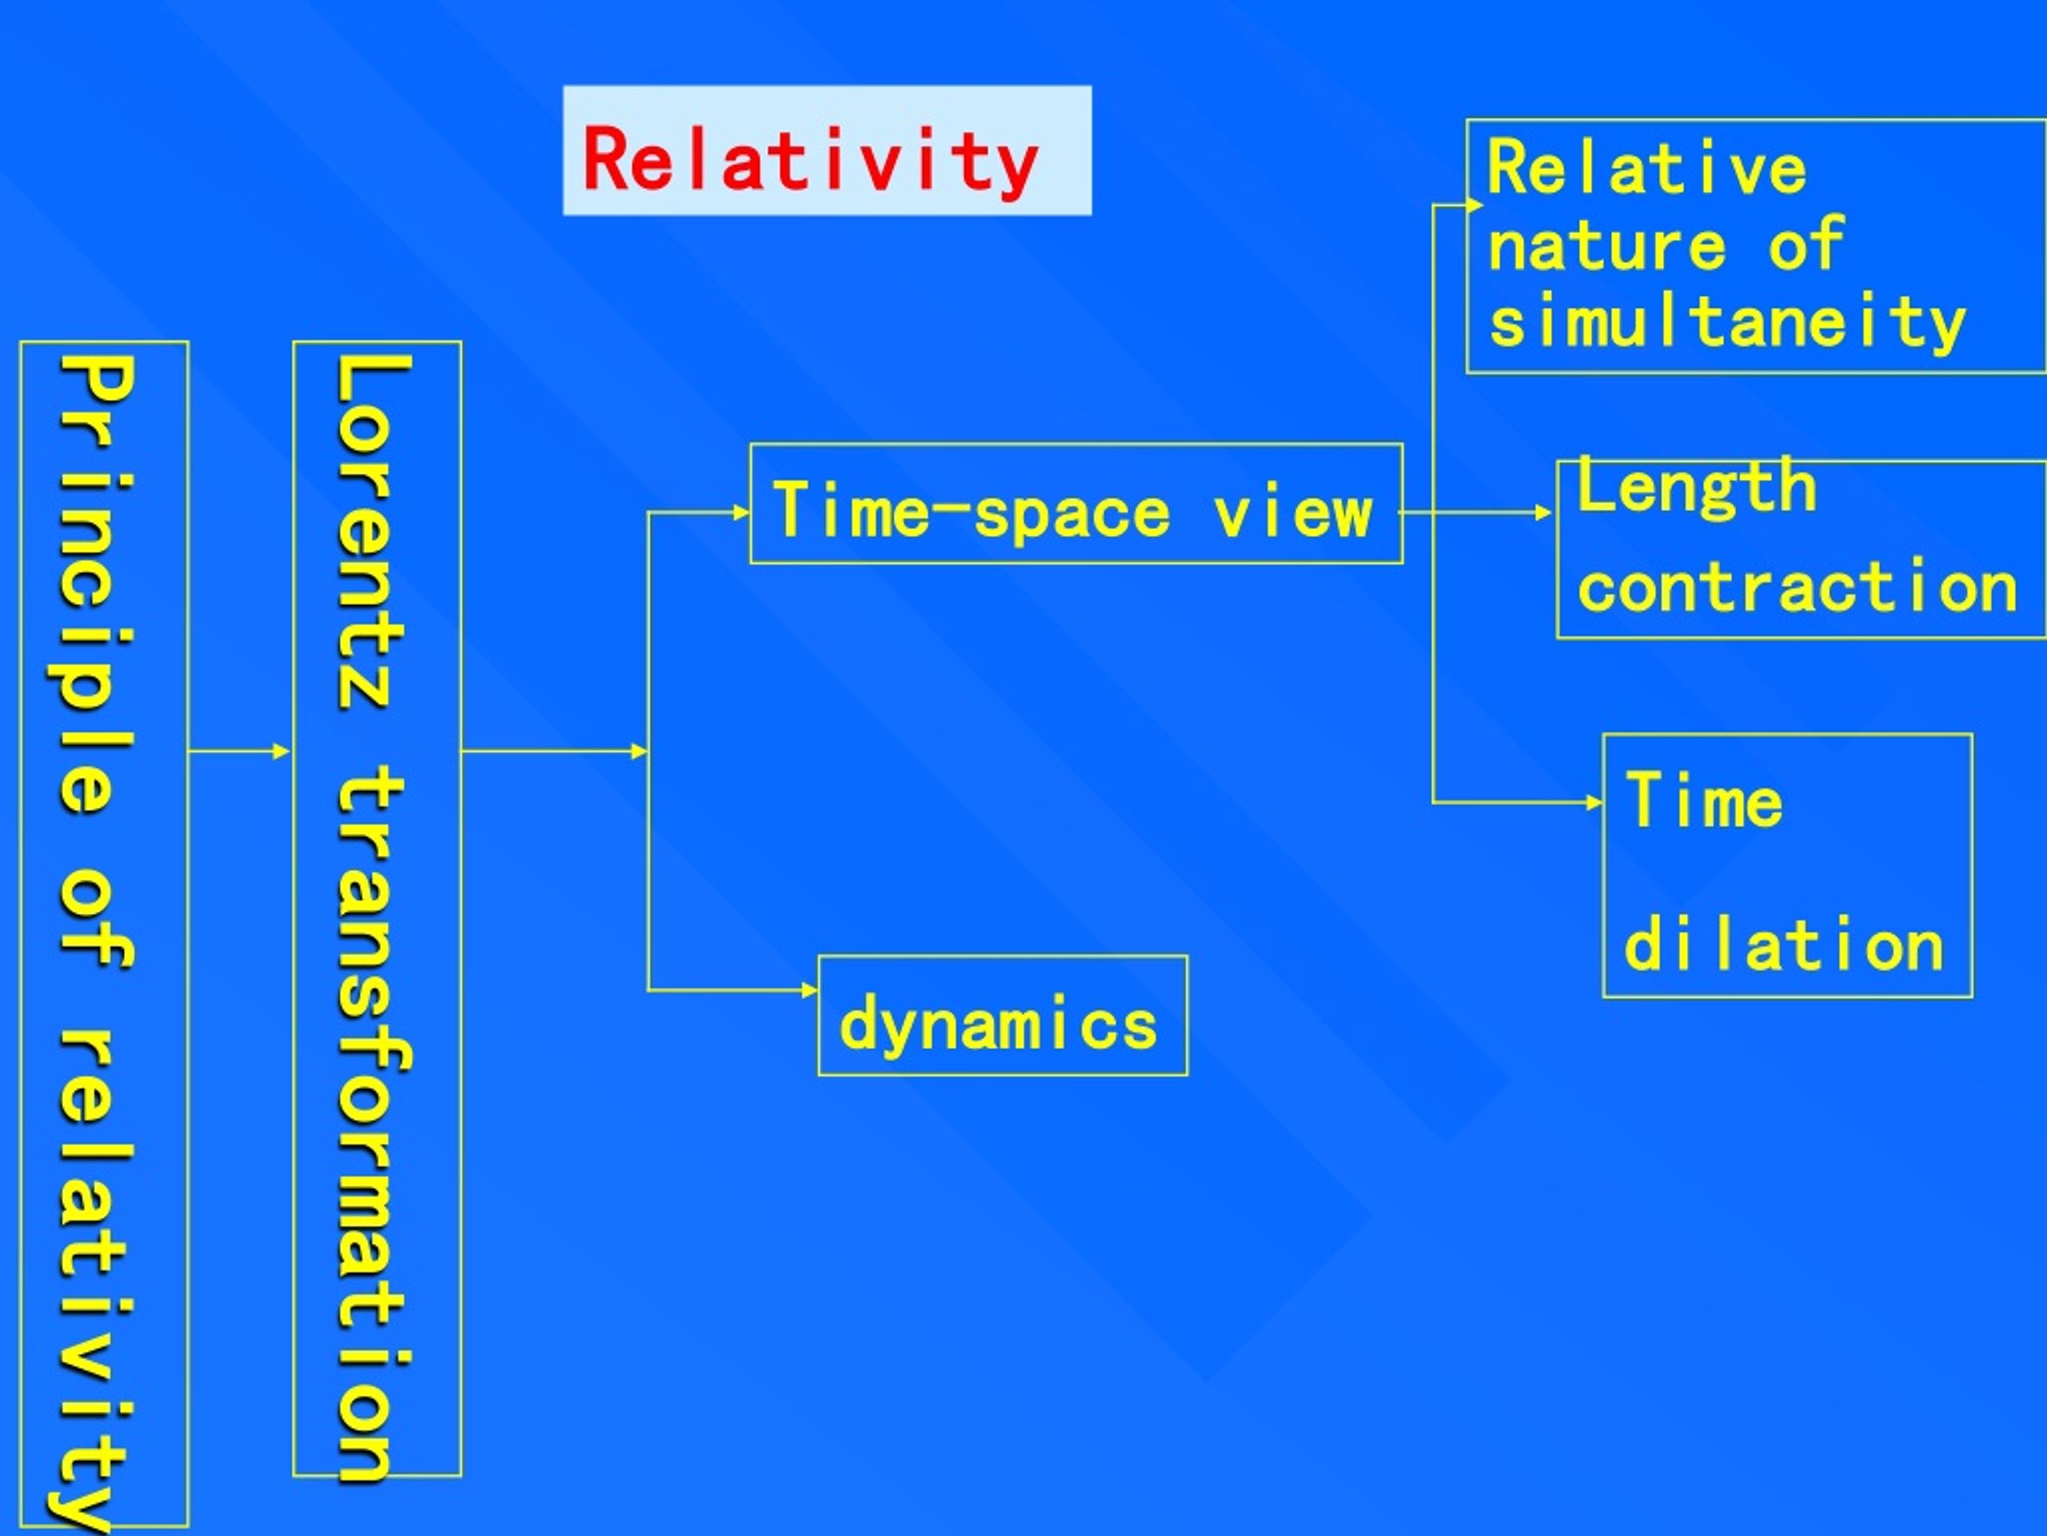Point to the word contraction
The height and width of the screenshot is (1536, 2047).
tap(1798, 586)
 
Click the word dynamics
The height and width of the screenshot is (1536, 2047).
tap(998, 1024)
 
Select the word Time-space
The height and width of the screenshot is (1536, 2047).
tap(972, 510)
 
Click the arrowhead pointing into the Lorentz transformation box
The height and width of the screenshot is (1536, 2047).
tap(282, 751)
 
